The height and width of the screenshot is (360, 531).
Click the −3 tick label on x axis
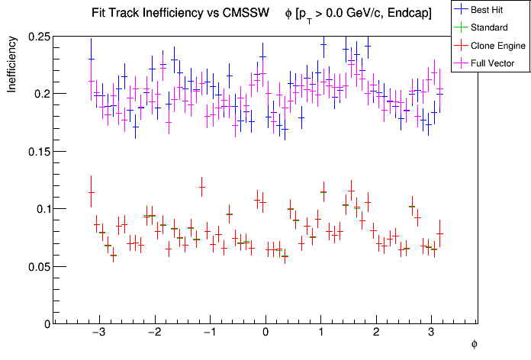click(x=98, y=334)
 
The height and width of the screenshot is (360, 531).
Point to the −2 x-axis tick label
click(x=153, y=334)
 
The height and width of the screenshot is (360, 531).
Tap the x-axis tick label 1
click(x=321, y=334)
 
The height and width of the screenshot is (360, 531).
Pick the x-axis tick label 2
click(x=377, y=334)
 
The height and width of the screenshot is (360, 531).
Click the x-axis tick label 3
click(x=432, y=334)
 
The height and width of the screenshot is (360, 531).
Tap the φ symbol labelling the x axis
click(x=474, y=345)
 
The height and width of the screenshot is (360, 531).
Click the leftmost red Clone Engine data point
click(x=91, y=193)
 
